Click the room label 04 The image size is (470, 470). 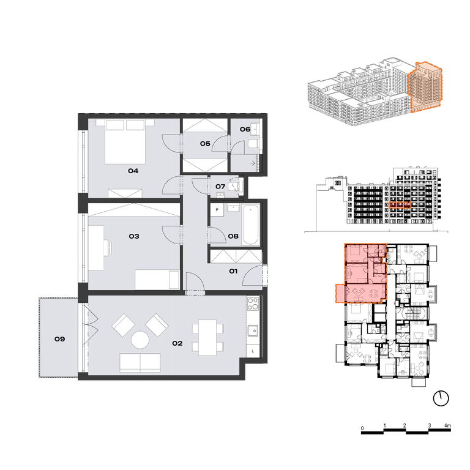(x=133, y=171)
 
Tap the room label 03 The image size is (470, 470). (x=134, y=236)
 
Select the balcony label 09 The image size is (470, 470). (x=59, y=339)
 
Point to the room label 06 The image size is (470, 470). (x=245, y=129)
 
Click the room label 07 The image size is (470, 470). (x=220, y=187)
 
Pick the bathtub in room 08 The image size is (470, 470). (x=250, y=225)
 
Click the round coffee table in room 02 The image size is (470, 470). (x=140, y=340)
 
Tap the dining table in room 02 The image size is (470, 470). (x=207, y=338)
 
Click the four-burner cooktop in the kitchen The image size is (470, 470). (x=253, y=304)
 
